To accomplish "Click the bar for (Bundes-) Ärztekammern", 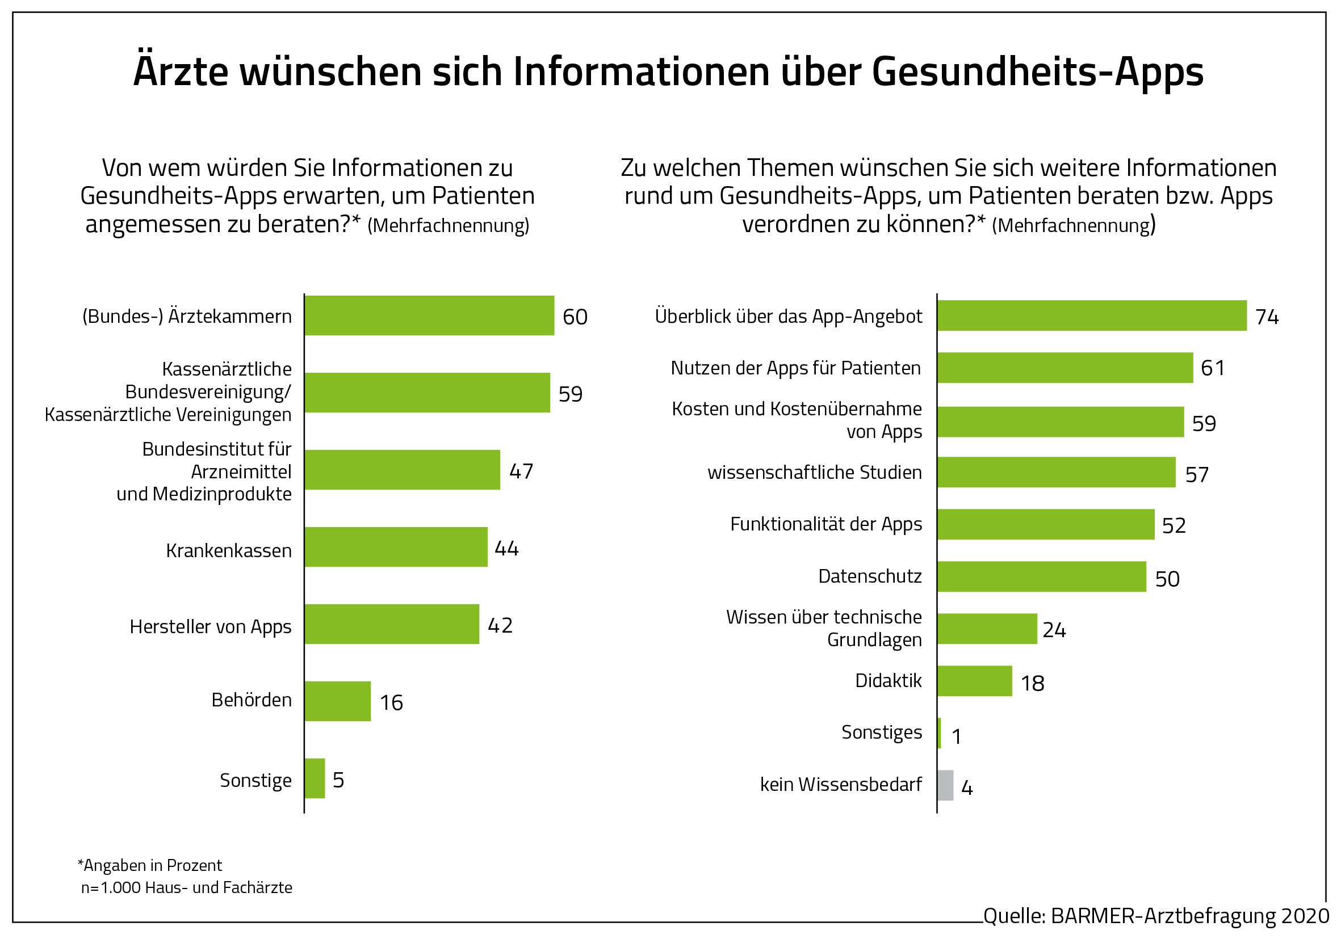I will tap(429, 315).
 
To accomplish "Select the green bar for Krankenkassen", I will tap(396, 547).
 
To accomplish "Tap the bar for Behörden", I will tap(338, 701).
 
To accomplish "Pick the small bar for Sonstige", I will tap(315, 778).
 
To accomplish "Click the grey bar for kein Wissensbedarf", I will tap(946, 785).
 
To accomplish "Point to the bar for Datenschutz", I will tap(1042, 576).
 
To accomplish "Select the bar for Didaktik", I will tap(975, 681).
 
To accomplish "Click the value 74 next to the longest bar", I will tap(1267, 317).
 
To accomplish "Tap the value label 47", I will tap(521, 471).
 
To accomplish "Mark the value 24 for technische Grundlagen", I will tap(1054, 630).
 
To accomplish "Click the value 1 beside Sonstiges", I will tap(957, 736).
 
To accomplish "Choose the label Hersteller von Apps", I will tap(210, 626).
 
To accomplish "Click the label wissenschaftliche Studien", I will tap(814, 472).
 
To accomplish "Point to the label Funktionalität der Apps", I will tap(826, 524).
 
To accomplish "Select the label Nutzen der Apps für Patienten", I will tap(795, 368).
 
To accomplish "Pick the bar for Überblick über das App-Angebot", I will tap(1092, 315).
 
